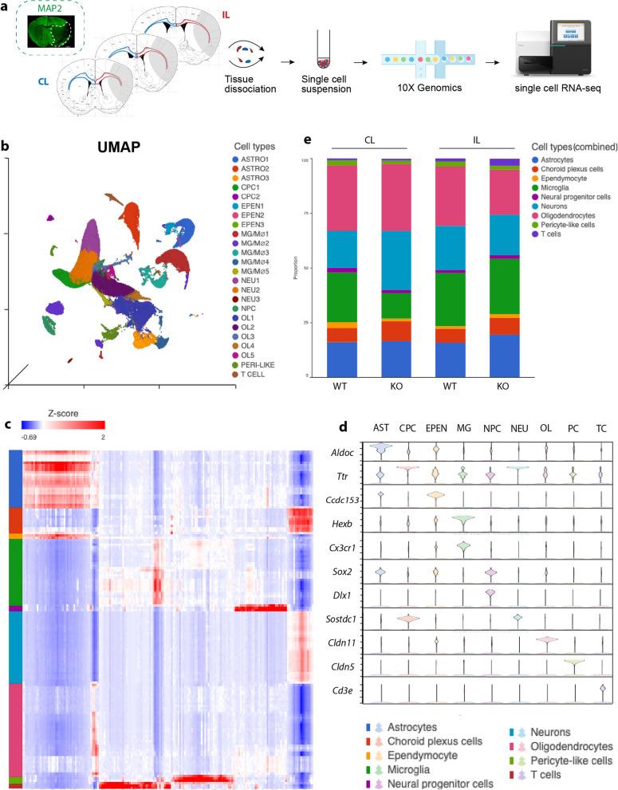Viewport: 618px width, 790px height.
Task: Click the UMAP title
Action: click(128, 149)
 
